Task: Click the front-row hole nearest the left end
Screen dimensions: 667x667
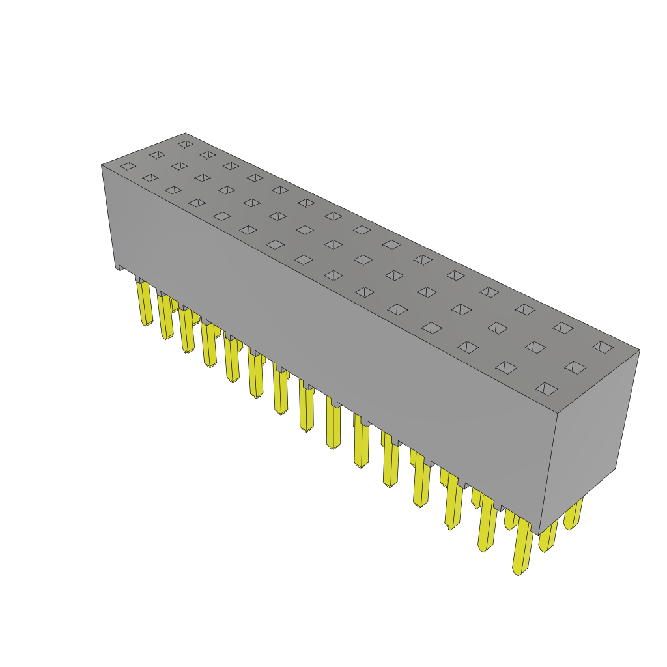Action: point(128,166)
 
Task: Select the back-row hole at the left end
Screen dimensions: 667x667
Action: point(186,144)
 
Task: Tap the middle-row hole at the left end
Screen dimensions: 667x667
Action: point(157,155)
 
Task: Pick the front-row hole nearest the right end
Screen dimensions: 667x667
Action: point(546,389)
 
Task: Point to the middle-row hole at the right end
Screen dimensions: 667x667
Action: point(575,367)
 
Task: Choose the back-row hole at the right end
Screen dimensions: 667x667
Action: point(603,347)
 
